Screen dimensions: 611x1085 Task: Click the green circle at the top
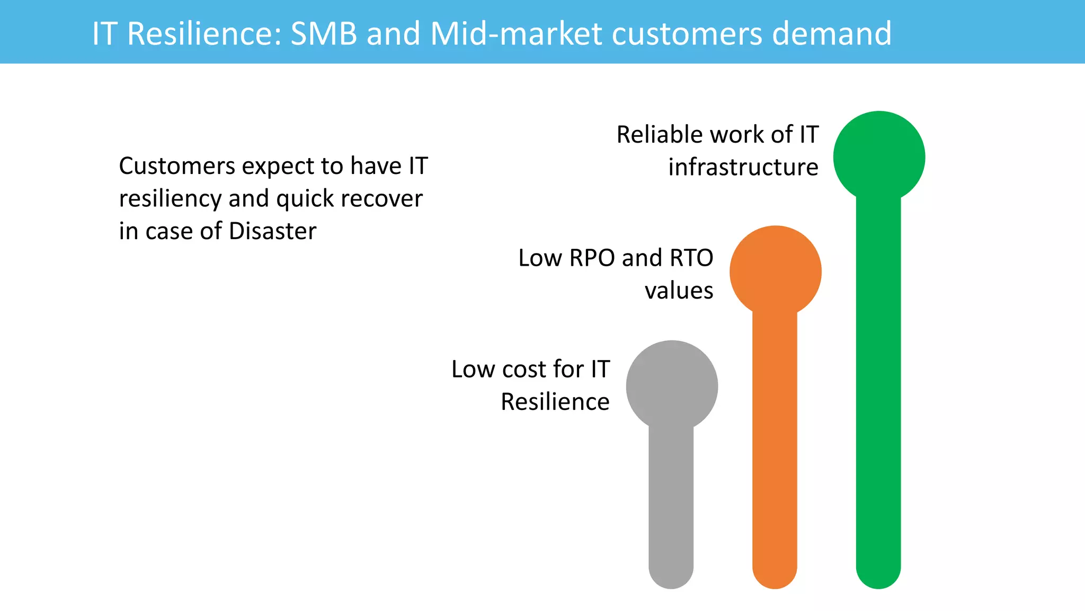tap(879, 157)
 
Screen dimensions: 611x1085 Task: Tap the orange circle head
tap(775, 272)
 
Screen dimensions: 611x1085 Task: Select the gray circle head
tap(672, 386)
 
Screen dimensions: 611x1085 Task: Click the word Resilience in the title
tap(204, 33)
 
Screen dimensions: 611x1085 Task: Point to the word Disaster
tap(272, 231)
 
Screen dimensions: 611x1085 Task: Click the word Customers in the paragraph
tap(177, 166)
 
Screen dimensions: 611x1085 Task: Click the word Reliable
tap(660, 135)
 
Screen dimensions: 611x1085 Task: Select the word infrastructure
tap(743, 168)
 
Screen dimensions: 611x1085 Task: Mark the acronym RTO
tap(691, 258)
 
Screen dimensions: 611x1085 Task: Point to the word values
tap(679, 291)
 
